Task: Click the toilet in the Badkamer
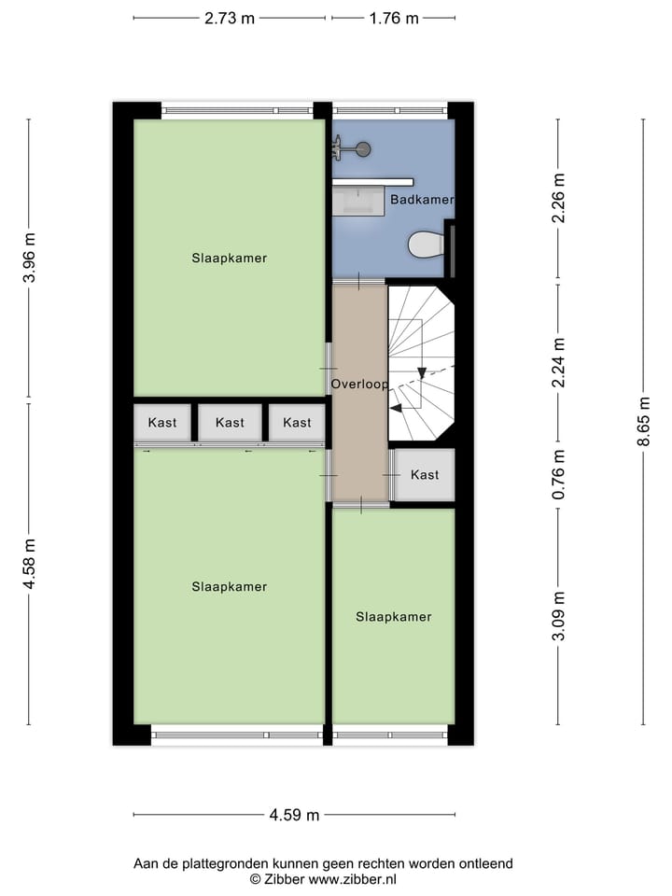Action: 427,245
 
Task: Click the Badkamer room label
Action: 422,200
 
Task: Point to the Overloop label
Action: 358,384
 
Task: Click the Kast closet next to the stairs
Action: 425,475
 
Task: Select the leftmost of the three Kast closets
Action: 162,423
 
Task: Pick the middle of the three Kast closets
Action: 230,423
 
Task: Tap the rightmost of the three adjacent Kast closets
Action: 297,423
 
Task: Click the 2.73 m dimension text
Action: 230,18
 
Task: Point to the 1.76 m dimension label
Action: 394,18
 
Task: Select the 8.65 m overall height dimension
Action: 644,422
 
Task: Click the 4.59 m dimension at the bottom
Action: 294,815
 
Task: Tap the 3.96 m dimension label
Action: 29,258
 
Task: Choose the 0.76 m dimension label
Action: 558,475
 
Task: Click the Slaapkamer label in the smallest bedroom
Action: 393,617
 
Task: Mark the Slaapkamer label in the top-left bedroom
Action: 230,258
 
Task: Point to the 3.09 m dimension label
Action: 558,617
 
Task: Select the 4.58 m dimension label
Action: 29,564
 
